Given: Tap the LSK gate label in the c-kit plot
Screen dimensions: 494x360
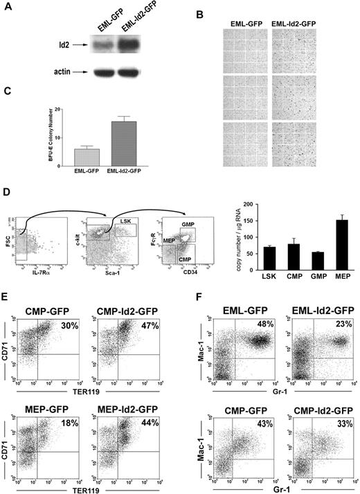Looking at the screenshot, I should coord(126,220).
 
